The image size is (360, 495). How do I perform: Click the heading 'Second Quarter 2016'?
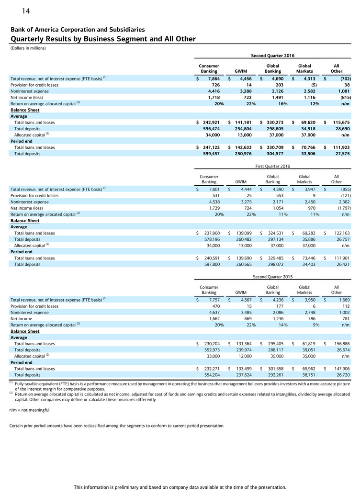(x=273, y=56)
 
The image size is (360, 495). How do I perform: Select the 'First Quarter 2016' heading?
(x=273, y=166)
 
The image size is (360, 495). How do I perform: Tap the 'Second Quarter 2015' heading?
(x=273, y=276)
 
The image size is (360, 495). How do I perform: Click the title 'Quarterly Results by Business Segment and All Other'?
(x=103, y=39)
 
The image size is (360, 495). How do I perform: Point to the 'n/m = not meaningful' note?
(x=29, y=410)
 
